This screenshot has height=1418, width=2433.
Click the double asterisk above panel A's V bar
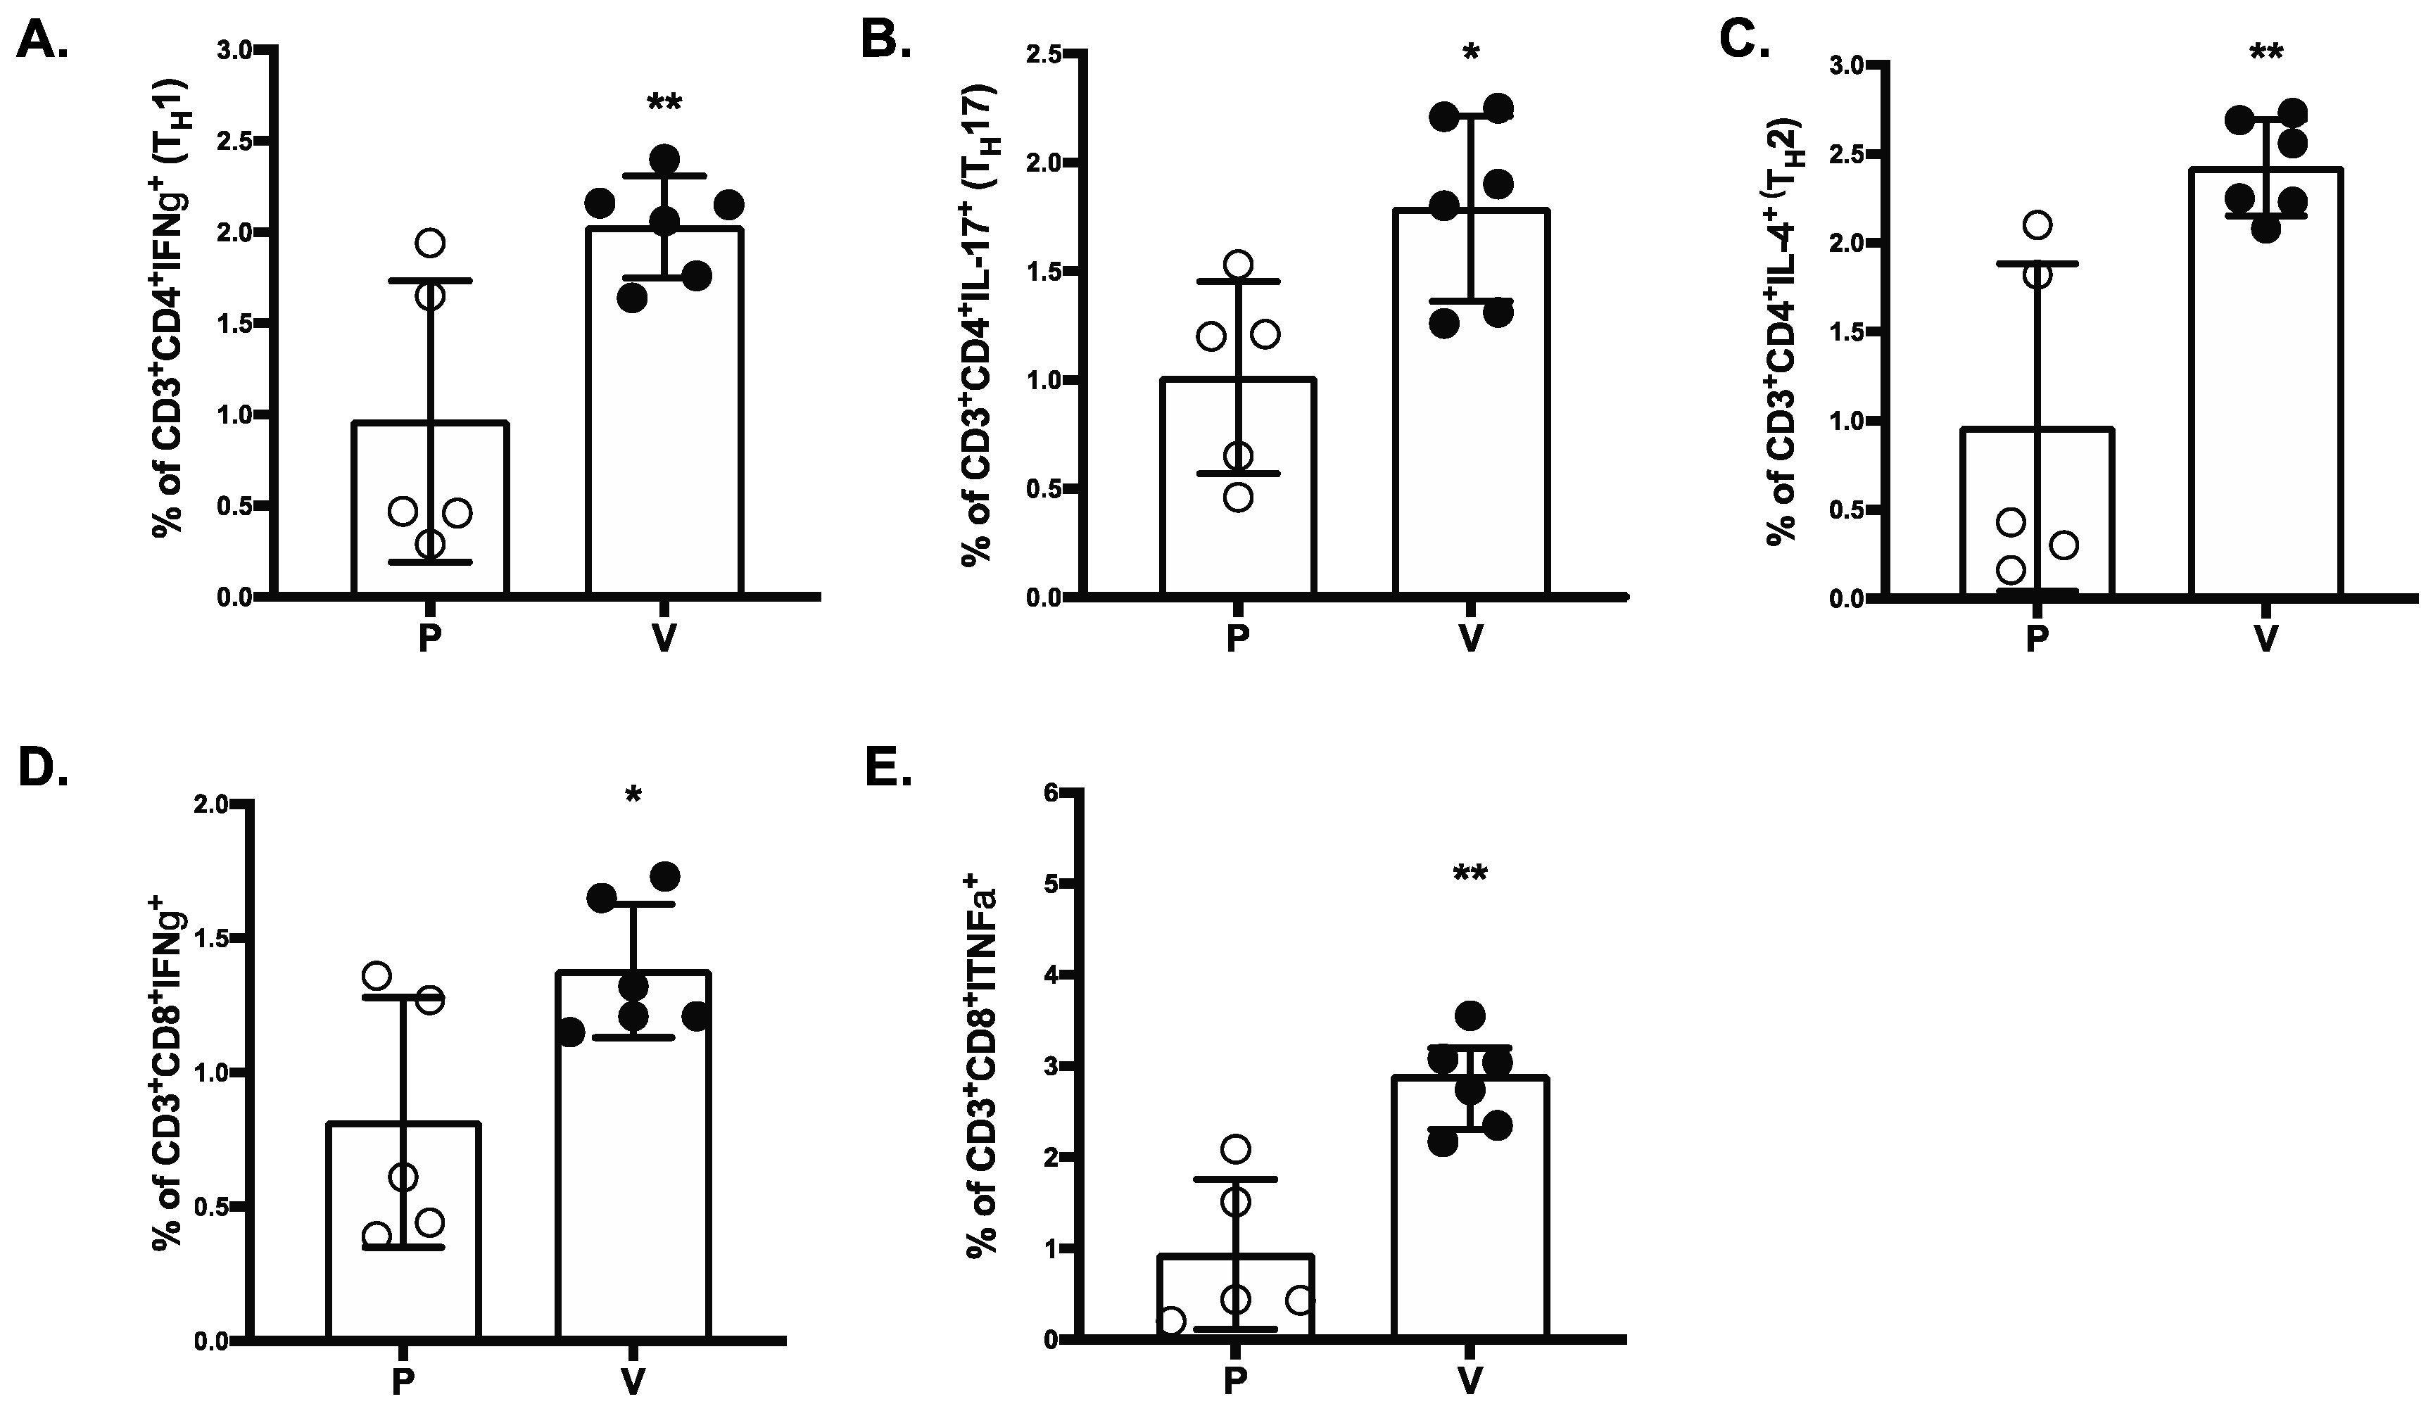point(664,104)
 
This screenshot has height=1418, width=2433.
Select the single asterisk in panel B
point(1470,52)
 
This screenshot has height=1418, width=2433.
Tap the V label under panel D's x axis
point(633,1382)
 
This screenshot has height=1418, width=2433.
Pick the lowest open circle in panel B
point(1239,496)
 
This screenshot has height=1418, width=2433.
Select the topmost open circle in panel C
point(2037,226)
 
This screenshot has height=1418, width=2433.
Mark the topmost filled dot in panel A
point(664,158)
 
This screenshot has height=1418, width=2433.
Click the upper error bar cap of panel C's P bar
point(2037,262)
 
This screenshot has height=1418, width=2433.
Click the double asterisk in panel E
point(1470,875)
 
